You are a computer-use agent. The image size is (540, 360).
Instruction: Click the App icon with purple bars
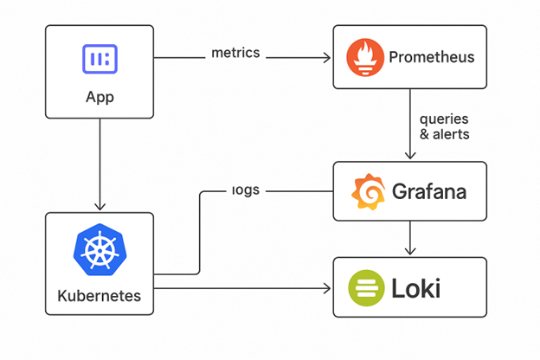click(x=100, y=59)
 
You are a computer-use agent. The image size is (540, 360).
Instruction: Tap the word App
click(x=100, y=96)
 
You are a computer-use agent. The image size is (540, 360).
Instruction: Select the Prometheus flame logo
click(x=364, y=58)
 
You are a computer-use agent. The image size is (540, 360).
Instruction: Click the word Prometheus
click(x=431, y=58)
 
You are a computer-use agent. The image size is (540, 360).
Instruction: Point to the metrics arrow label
click(x=235, y=52)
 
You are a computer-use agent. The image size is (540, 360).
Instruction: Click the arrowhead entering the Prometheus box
click(x=328, y=58)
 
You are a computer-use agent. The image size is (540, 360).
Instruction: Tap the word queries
click(x=444, y=119)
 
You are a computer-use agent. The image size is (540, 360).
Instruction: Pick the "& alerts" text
click(x=444, y=134)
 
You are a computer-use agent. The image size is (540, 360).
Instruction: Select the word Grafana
click(x=429, y=191)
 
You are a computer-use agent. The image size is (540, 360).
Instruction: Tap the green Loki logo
click(x=364, y=286)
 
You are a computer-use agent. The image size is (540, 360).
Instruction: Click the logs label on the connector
click(x=246, y=189)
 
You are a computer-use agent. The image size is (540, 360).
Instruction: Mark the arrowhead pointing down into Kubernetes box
click(x=100, y=207)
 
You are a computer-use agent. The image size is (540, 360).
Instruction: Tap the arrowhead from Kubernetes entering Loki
click(x=328, y=286)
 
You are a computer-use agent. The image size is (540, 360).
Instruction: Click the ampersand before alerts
click(x=424, y=134)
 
